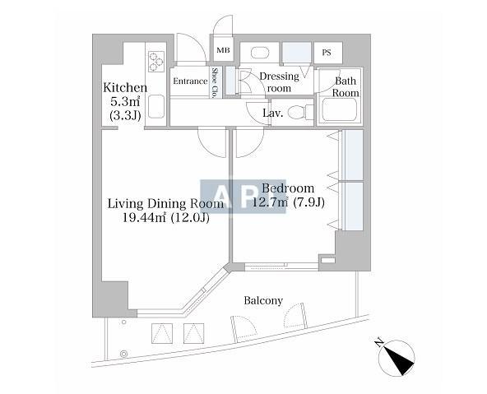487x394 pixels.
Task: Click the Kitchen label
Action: point(125,88)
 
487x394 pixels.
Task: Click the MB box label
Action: point(223,51)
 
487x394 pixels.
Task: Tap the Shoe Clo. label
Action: point(212,84)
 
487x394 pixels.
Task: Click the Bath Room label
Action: point(346,87)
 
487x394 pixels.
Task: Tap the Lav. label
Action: point(272,113)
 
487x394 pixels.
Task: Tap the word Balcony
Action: point(263,301)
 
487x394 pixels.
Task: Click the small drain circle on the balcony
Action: point(124,354)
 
